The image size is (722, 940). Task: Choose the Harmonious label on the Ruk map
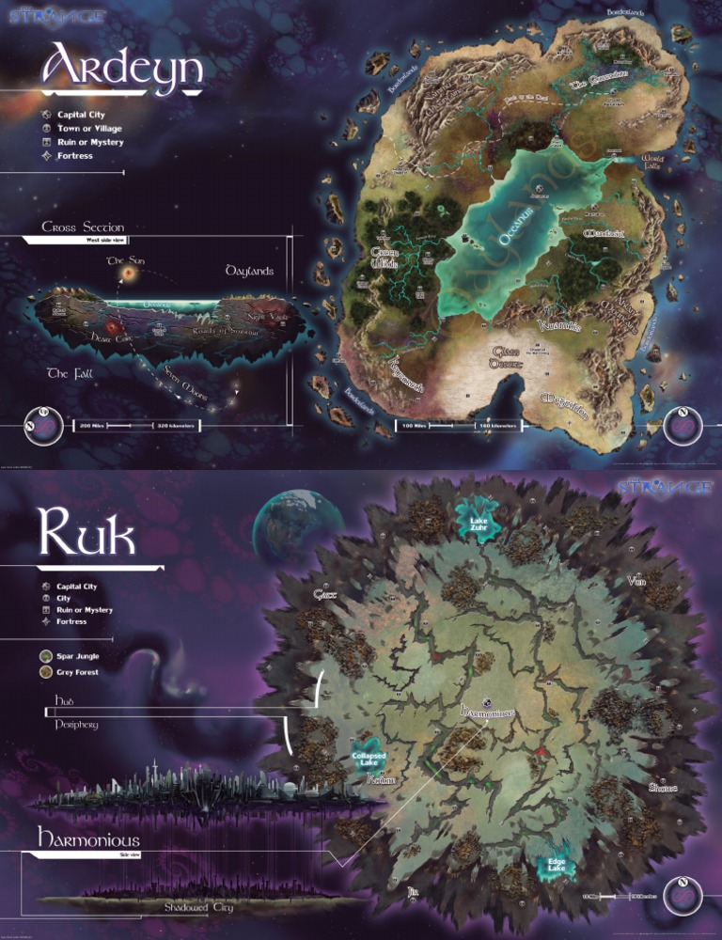(x=488, y=713)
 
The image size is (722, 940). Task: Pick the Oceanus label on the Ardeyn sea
(x=516, y=227)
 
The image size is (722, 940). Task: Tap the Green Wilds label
(x=384, y=258)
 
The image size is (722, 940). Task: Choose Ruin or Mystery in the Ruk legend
(x=84, y=610)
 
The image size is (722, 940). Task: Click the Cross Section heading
(x=83, y=227)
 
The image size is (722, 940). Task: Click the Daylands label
(x=249, y=271)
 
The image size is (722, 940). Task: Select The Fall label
(x=71, y=373)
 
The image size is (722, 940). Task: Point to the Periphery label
(x=76, y=725)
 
